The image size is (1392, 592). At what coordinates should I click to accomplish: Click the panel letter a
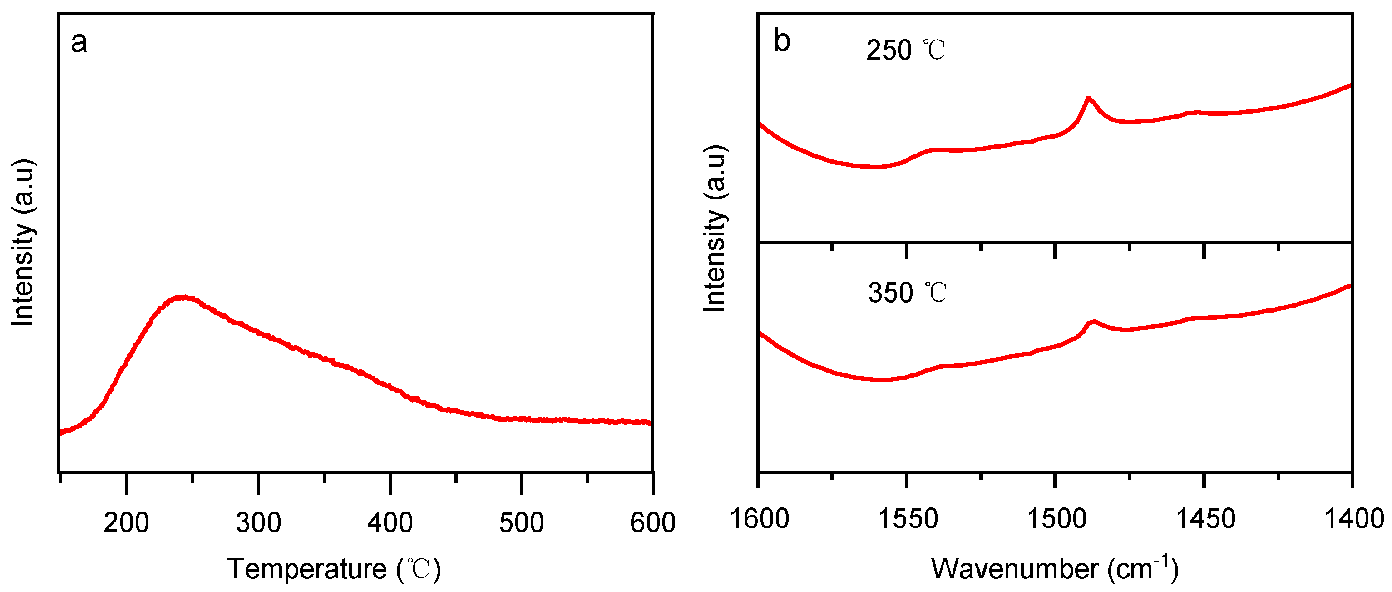(x=79, y=42)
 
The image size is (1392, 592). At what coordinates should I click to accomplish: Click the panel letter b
(x=782, y=41)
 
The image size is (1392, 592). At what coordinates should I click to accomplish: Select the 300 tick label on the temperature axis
(x=258, y=523)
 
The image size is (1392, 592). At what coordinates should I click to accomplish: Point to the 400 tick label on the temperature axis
(x=390, y=523)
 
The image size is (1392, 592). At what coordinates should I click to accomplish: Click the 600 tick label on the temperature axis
(x=652, y=523)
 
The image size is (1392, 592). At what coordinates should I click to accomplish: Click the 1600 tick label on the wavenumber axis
(x=759, y=518)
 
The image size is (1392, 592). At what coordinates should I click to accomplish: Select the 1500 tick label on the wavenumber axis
(x=1056, y=518)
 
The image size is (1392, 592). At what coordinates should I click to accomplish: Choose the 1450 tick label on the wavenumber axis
(x=1205, y=518)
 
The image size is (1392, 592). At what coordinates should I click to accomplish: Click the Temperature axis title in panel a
(x=334, y=569)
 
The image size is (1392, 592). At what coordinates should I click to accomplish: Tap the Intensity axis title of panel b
(x=714, y=228)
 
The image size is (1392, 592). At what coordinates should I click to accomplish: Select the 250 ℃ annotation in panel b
(x=906, y=50)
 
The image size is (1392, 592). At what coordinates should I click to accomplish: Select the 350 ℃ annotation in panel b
(x=907, y=293)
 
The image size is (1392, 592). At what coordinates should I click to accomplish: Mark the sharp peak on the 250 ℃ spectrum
(x=1088, y=99)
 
